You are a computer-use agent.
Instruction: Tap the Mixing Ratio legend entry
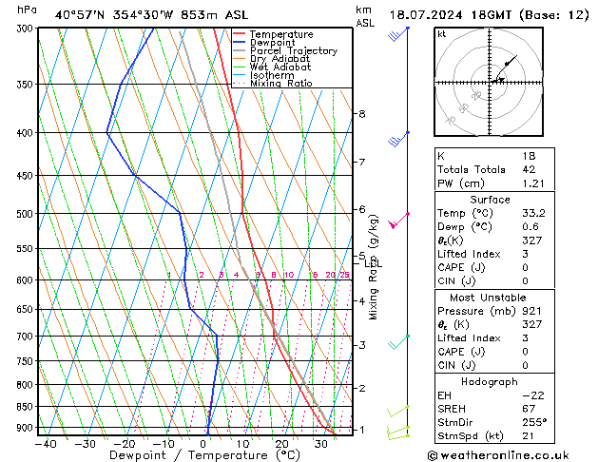pos(280,84)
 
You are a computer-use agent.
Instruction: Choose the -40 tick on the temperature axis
pos(46,443)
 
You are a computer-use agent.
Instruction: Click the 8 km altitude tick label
pos(361,114)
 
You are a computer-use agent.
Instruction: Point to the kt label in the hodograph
pos(442,33)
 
